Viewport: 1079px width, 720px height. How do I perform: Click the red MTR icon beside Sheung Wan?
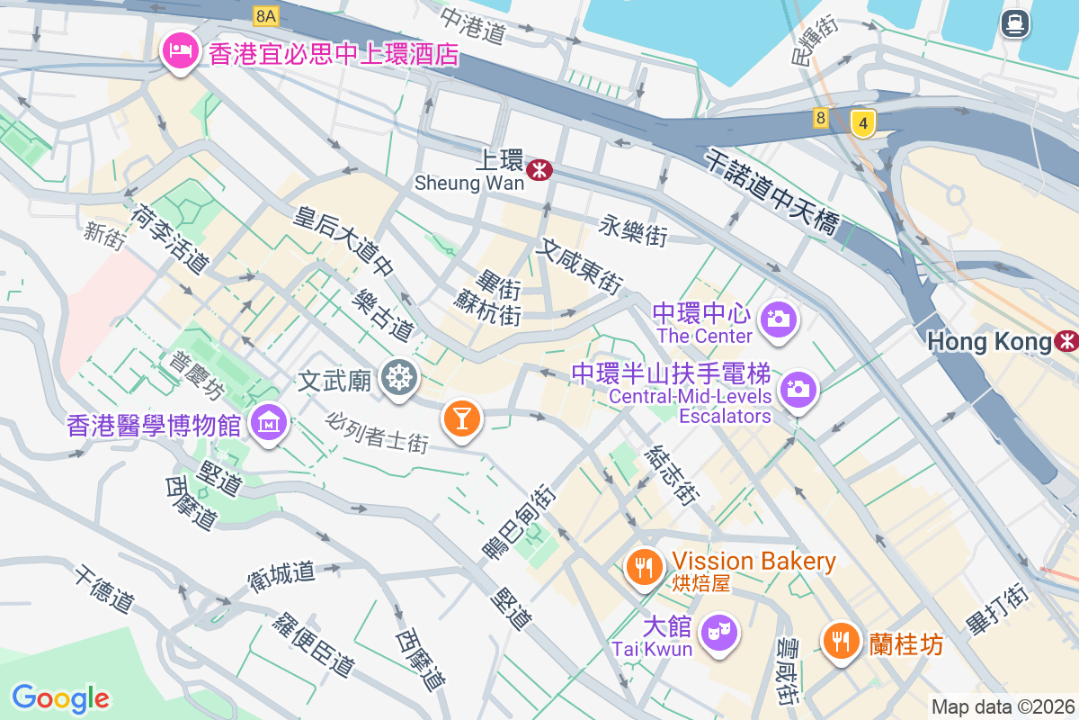click(539, 168)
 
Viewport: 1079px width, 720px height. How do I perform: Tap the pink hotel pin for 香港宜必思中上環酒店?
click(180, 51)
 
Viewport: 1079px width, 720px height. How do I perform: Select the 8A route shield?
click(265, 15)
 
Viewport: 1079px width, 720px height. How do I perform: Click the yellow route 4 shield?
click(862, 123)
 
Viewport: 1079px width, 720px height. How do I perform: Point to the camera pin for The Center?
click(779, 319)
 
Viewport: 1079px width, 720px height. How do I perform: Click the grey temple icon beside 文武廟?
click(397, 376)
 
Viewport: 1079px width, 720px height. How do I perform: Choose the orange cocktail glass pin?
click(462, 418)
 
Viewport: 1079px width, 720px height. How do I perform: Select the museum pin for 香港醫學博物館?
click(269, 421)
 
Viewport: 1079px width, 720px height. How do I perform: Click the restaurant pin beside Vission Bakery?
click(644, 567)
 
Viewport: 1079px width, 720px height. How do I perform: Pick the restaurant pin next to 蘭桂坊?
click(842, 642)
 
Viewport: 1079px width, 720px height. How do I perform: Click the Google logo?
click(60, 697)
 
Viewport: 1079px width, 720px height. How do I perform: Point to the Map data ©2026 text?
click(1003, 706)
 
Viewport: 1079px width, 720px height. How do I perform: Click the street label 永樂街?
click(634, 231)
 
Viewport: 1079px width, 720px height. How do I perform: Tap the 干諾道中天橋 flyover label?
click(772, 192)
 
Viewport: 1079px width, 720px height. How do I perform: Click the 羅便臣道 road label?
click(314, 644)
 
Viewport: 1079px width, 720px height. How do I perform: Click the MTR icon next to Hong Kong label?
click(1067, 341)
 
